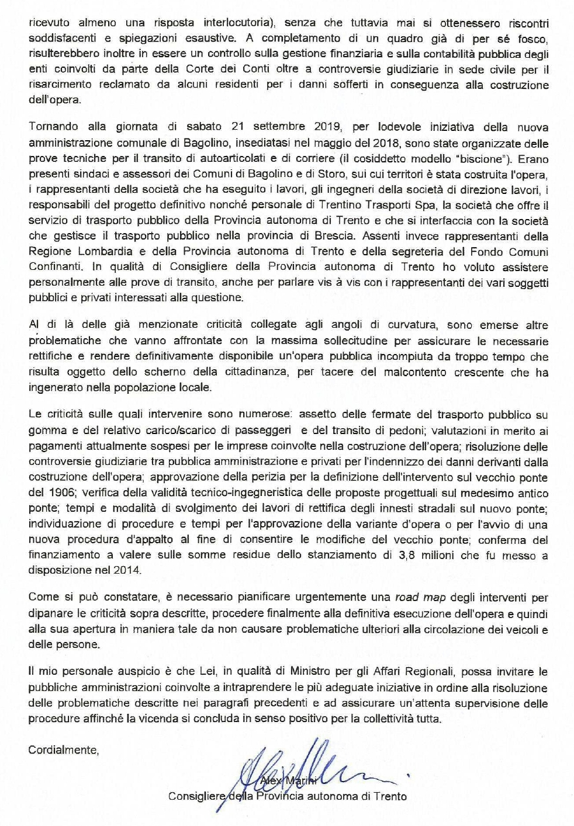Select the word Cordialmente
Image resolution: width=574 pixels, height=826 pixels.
[64, 749]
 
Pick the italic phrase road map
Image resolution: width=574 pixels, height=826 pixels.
[421, 597]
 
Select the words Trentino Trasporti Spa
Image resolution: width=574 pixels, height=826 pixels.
[393, 205]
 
